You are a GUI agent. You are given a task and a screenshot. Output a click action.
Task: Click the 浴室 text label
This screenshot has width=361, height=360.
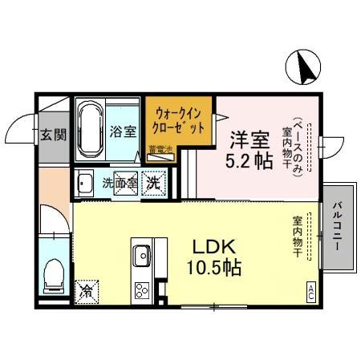[122, 130]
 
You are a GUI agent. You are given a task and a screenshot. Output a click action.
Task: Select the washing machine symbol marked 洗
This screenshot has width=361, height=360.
[152, 183]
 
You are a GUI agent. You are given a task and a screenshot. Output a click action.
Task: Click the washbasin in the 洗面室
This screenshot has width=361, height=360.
[84, 184]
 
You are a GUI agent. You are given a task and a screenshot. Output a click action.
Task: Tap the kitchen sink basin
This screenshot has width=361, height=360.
[142, 256]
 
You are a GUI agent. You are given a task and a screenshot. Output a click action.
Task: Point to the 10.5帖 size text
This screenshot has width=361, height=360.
[211, 267]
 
